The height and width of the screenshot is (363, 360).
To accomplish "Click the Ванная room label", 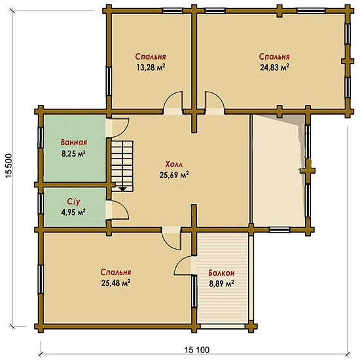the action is pos(74,142).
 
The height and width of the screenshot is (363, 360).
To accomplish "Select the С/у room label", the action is pos(74,202).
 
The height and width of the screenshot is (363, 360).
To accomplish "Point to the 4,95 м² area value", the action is pos(73,212).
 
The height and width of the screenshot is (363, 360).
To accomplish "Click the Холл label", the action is pos(174,164).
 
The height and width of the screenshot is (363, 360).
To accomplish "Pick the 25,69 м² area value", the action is pos(174,175).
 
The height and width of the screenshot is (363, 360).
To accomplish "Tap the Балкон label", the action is pos(221,273).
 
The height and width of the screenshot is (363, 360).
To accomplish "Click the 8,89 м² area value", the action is pos(221,284).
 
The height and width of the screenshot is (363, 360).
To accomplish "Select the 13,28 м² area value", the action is pos(151,67).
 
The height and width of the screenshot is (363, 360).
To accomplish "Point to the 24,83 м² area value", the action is pos(274,67).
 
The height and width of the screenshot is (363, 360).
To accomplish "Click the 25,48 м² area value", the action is pos(116,282).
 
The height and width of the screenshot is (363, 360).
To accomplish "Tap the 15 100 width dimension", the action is pos(197,350).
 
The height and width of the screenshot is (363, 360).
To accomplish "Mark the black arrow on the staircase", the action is pos(122,189).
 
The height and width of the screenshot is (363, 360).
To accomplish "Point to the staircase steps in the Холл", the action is pos(122,166).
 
